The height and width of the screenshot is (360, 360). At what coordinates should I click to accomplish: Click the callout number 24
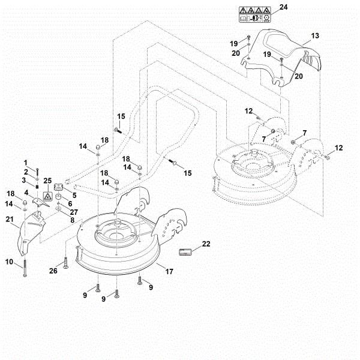tap(283, 7)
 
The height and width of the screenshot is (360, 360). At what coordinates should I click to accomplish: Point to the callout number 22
tap(206, 244)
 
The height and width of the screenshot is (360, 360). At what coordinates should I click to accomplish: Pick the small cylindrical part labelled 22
tap(186, 251)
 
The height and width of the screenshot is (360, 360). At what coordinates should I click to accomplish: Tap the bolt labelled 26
tap(65, 262)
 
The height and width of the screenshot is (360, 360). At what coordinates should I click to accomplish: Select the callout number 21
tap(10, 220)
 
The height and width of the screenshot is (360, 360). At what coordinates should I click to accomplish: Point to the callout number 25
tap(48, 180)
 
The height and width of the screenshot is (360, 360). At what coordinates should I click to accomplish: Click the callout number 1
tap(26, 163)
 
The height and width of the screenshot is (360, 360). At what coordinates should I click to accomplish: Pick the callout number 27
tap(74, 212)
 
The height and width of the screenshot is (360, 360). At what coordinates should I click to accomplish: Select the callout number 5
tap(74, 194)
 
